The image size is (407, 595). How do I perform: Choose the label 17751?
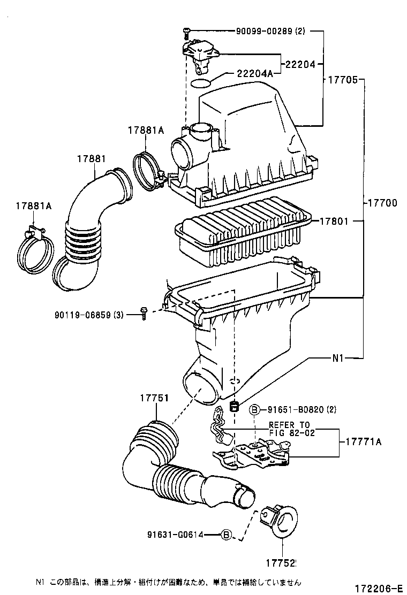tap(155, 398)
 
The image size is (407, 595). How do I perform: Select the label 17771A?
tap(363, 442)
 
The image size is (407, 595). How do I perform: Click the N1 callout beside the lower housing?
tap(338, 358)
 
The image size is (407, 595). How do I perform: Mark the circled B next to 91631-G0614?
tap(227, 534)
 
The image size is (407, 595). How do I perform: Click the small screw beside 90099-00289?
tap(186, 33)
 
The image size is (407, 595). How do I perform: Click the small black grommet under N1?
tap(233, 407)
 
